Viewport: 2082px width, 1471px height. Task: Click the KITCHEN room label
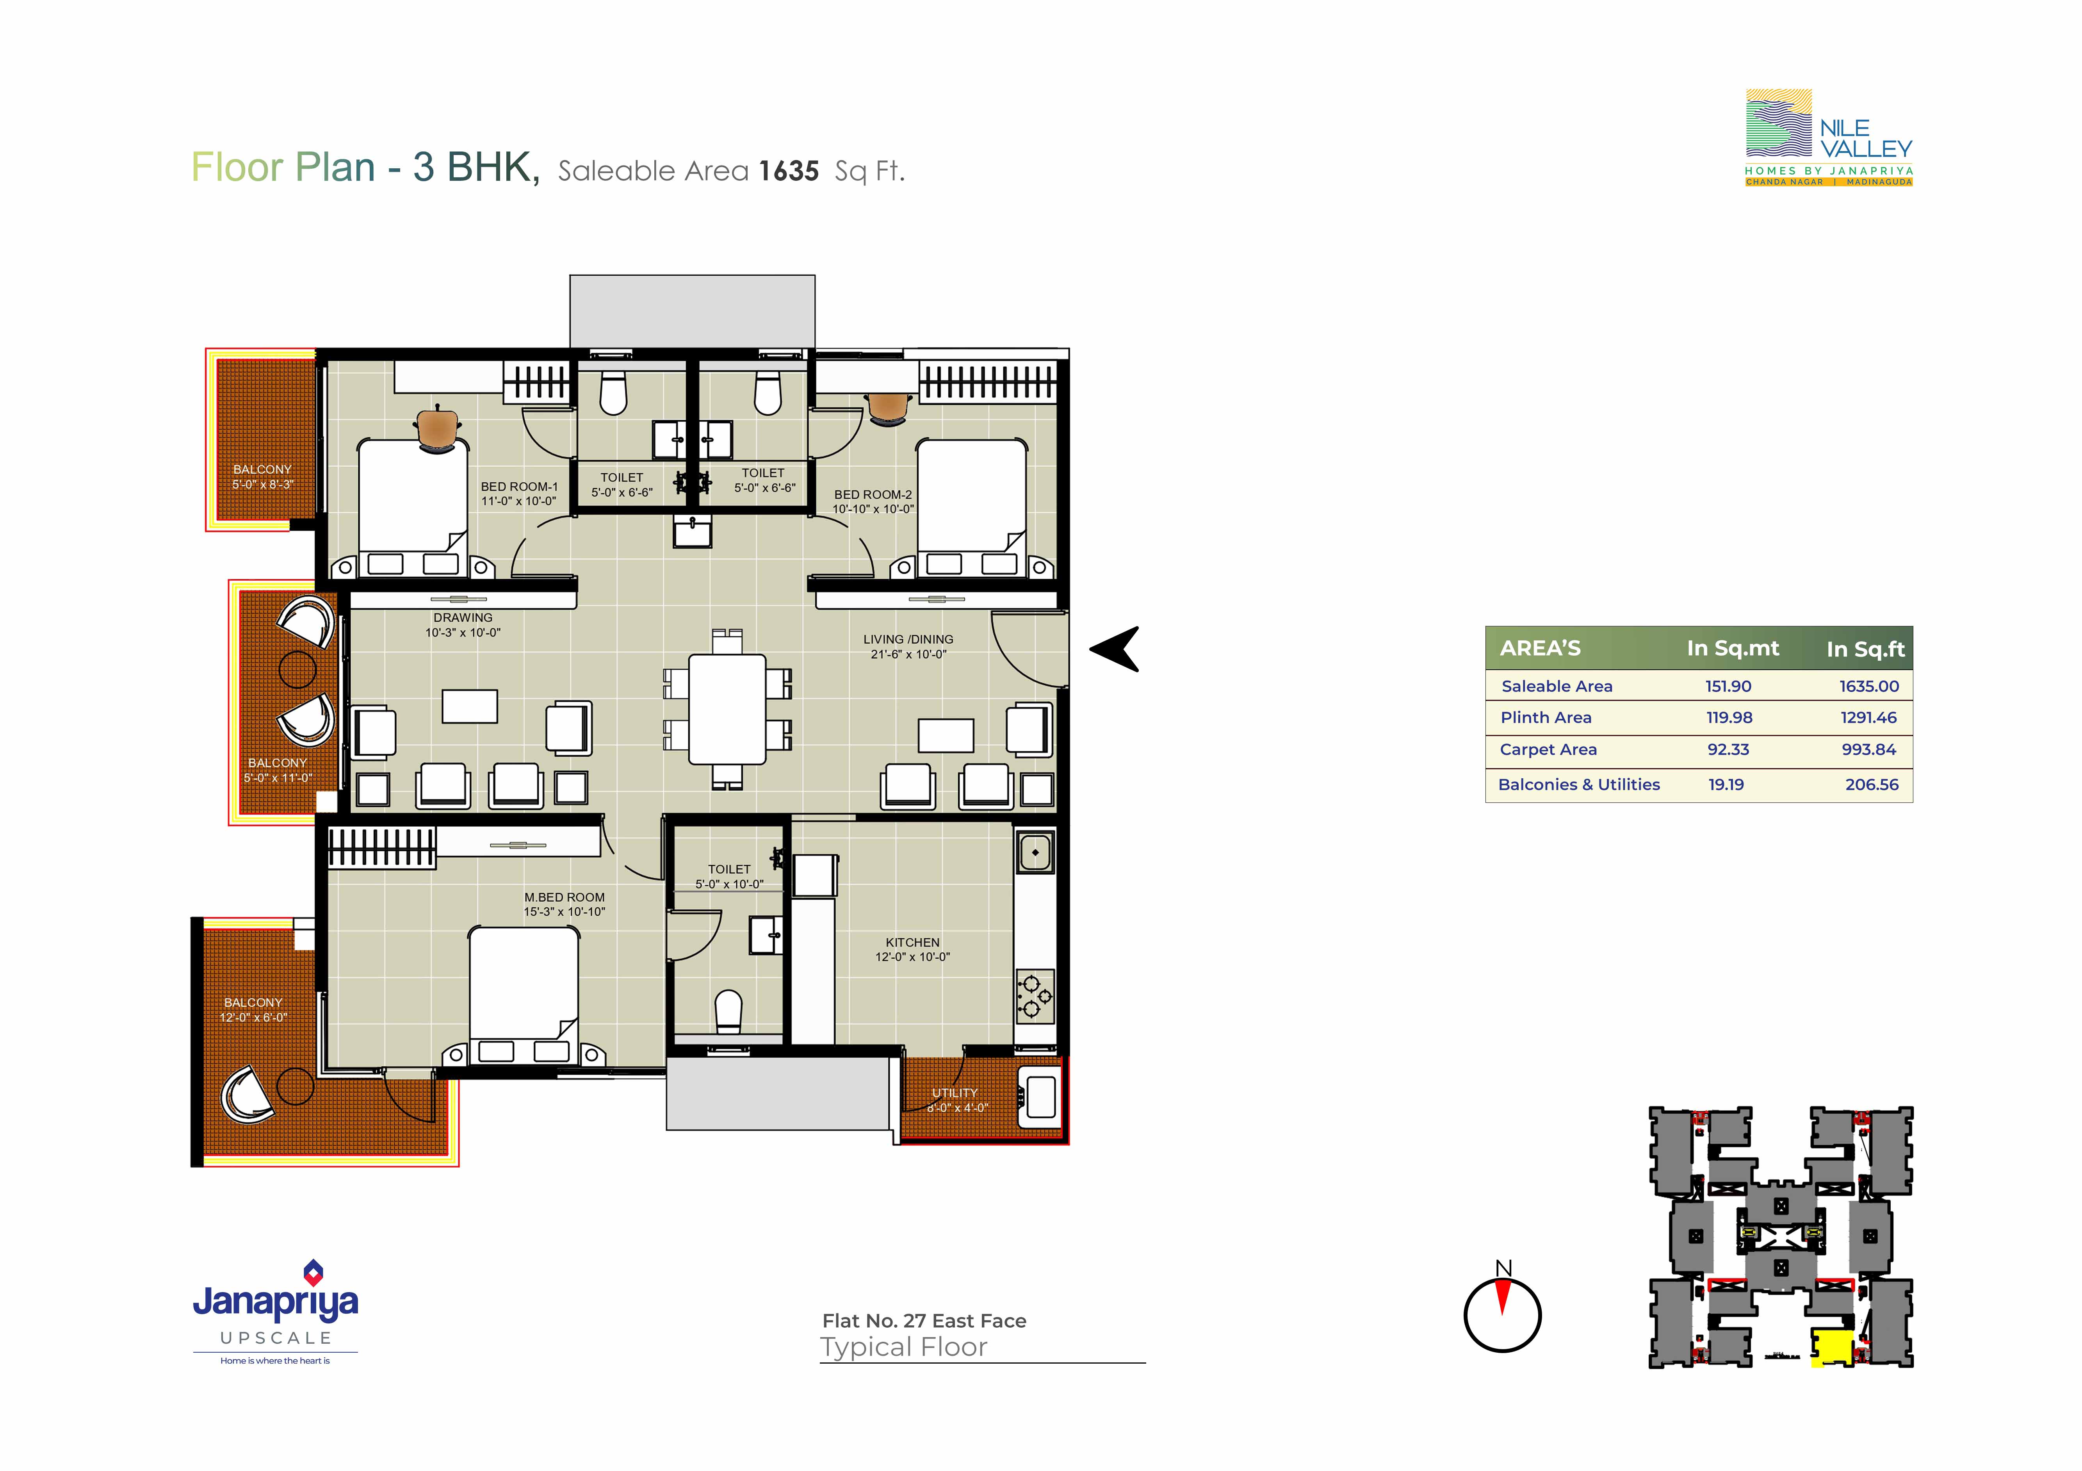click(x=912, y=942)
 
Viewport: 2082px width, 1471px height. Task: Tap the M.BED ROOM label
click(x=564, y=897)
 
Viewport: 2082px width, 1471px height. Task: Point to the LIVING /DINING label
click(x=908, y=639)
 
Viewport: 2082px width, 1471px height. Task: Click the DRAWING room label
click(x=463, y=618)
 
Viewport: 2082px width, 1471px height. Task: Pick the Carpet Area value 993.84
click(x=1869, y=749)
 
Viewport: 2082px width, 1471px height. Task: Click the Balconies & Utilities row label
click(x=1579, y=785)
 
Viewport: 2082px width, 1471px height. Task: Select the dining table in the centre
click(x=727, y=709)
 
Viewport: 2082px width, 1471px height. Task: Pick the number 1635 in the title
click(x=789, y=171)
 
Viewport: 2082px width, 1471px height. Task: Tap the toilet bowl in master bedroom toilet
click(x=728, y=1010)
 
